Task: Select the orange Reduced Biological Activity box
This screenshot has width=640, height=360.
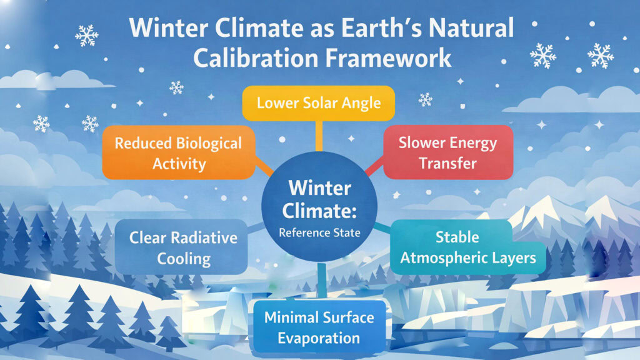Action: (x=178, y=154)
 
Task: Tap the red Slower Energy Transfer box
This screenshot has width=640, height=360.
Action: (x=448, y=153)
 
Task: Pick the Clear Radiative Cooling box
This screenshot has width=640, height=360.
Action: (x=183, y=247)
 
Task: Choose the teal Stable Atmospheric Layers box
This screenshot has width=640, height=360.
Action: (x=467, y=247)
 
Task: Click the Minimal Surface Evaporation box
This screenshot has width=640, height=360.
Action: (x=319, y=327)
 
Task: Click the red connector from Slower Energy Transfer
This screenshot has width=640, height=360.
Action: (x=373, y=167)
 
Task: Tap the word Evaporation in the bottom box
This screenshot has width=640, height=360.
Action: (x=319, y=339)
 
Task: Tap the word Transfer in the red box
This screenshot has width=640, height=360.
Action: (x=448, y=164)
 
